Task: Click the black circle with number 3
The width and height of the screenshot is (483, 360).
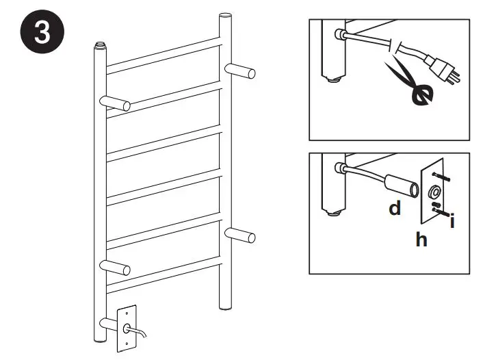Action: (x=42, y=34)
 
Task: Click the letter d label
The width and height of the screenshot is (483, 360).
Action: (x=395, y=209)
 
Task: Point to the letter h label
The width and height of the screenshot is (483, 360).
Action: (x=421, y=240)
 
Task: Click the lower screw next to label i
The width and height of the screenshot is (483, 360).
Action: (x=440, y=213)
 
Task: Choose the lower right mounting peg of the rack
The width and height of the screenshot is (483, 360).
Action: (x=240, y=235)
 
